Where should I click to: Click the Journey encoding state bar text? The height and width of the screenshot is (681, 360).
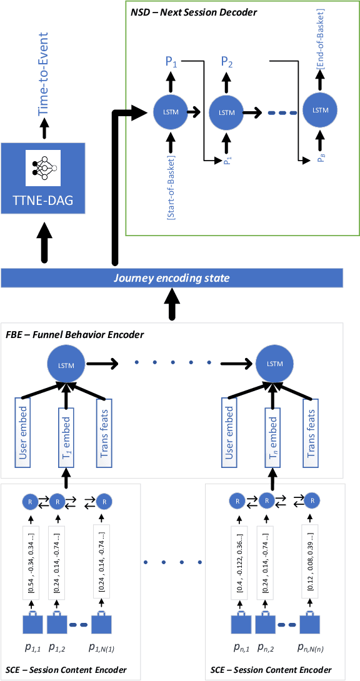(x=172, y=279)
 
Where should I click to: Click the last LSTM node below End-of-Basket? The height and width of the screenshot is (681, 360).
(x=320, y=111)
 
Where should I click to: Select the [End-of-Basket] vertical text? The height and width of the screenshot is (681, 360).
(x=320, y=47)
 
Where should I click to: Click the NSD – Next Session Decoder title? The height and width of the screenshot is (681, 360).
(x=194, y=13)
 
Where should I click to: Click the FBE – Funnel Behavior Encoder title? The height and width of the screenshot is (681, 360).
(x=75, y=335)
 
